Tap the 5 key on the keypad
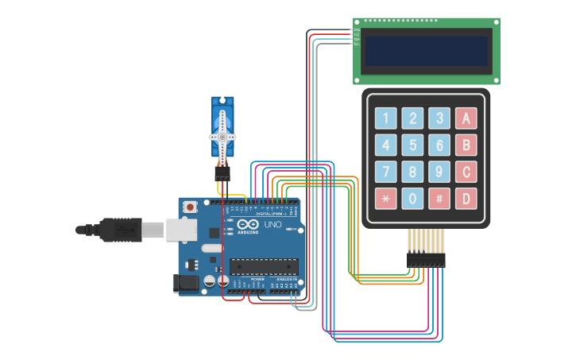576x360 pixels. [x=412, y=145]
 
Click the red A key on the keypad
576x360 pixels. [x=466, y=118]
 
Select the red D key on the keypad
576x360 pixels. [x=466, y=198]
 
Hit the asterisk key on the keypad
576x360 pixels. [x=385, y=198]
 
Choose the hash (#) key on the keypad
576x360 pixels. [x=439, y=198]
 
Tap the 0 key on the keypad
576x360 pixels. [x=412, y=198]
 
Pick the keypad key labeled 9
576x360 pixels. [x=439, y=172]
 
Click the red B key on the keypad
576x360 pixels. [x=466, y=145]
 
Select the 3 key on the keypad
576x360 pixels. [x=439, y=118]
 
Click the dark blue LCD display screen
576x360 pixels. [x=427, y=51]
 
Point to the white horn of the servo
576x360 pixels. [x=222, y=136]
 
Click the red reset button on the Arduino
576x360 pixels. [x=191, y=207]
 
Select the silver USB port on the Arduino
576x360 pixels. [x=180, y=230]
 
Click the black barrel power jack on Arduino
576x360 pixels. [x=185, y=282]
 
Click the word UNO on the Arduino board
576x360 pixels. [x=273, y=225]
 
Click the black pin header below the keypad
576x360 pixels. [x=426, y=260]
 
